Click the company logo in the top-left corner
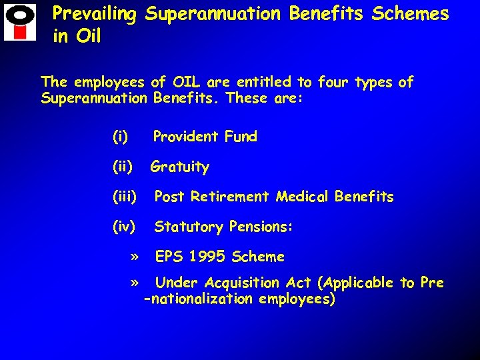pyautogui.click(x=20, y=23)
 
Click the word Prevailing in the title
pyautogui.click(x=94, y=14)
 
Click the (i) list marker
pyautogui.click(x=121, y=137)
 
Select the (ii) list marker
pyautogui.click(x=123, y=167)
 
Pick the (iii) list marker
pyautogui.click(x=125, y=197)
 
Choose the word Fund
pyautogui.click(x=241, y=137)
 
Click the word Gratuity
pyautogui.click(x=180, y=167)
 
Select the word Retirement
pyautogui.click(x=230, y=197)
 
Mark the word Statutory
pyautogui.click(x=189, y=227)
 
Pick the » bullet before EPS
pyautogui.click(x=135, y=257)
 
